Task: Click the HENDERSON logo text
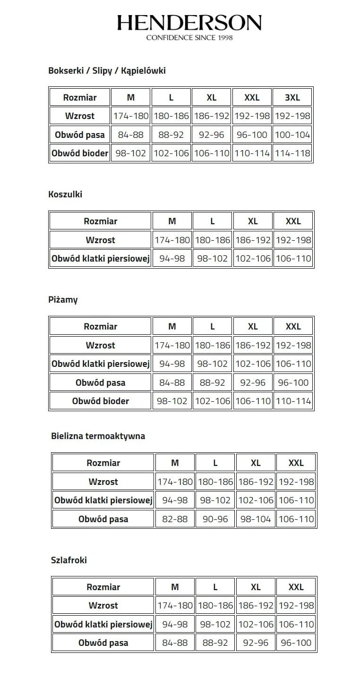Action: [189, 23]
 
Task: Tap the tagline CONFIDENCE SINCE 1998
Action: [189, 37]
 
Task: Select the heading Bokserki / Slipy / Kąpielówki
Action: [107, 71]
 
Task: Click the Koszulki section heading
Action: [65, 194]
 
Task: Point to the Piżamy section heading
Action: [63, 300]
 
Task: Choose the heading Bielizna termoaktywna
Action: [98, 436]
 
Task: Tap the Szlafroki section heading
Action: [69, 560]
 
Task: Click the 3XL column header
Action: [292, 98]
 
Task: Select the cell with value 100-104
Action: [292, 135]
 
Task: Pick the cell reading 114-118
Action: [292, 153]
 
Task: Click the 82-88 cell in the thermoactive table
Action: [175, 519]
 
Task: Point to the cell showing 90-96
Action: [215, 519]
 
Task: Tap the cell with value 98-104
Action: [256, 519]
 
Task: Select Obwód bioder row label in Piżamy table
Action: [101, 401]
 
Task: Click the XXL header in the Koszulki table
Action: [293, 221]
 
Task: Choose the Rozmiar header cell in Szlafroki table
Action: [103, 587]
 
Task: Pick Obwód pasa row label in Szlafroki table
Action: [103, 643]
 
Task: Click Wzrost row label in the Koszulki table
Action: [101, 240]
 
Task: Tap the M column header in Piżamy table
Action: [172, 327]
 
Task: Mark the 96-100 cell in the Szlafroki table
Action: [296, 643]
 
